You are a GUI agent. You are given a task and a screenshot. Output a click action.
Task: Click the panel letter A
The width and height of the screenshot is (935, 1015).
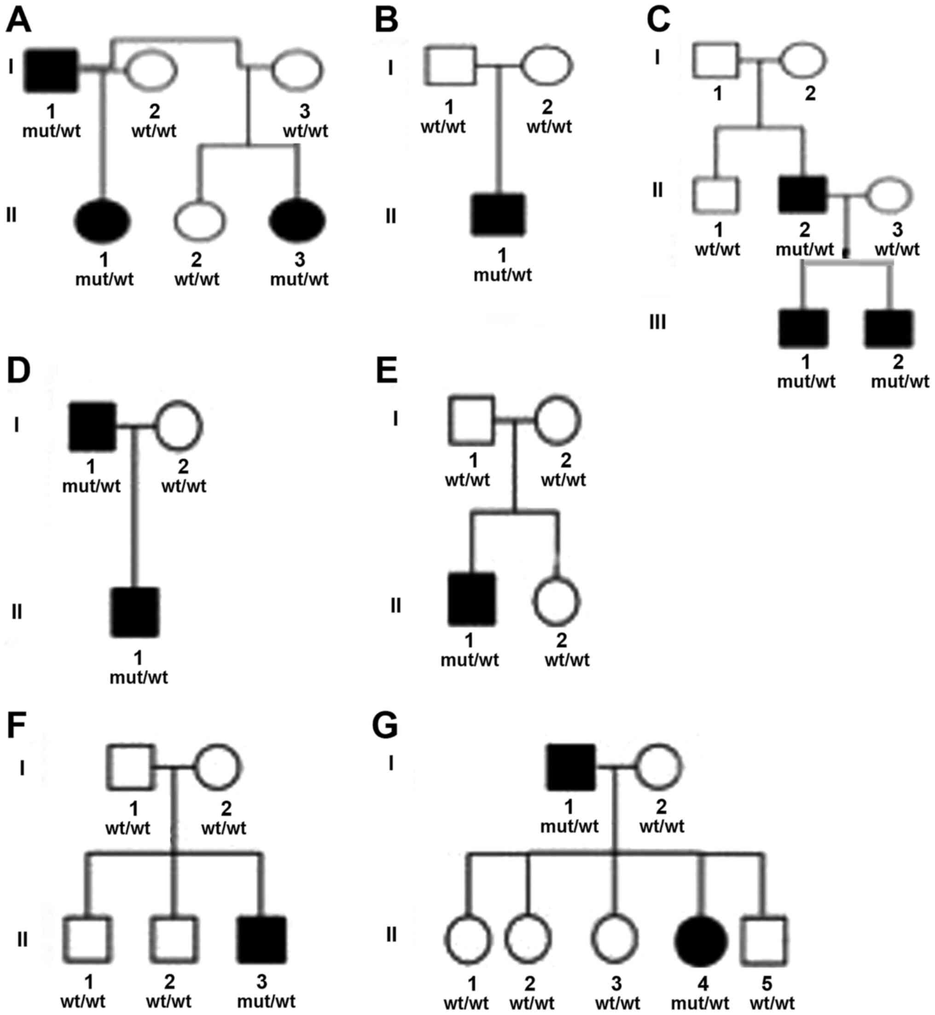[18, 21]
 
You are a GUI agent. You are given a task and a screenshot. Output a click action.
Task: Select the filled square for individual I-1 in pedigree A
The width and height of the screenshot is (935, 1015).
[52, 71]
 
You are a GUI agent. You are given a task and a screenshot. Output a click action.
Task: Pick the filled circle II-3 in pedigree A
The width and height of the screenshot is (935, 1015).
[297, 220]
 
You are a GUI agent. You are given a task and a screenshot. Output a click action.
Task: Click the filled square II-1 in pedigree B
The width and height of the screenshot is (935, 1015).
[499, 214]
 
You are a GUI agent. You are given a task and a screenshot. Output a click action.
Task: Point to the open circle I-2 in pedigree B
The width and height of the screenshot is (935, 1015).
[547, 66]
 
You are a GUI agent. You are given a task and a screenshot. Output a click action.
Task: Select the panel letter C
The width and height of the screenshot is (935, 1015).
[658, 21]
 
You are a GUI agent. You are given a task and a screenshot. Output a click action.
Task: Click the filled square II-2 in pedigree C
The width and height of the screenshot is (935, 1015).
[803, 195]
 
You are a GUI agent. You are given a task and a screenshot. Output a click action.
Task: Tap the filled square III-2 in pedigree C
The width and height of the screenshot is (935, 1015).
[889, 329]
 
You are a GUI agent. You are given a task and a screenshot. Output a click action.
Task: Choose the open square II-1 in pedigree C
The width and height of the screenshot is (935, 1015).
[716, 195]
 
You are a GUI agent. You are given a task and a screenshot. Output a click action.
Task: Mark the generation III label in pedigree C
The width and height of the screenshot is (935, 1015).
[657, 322]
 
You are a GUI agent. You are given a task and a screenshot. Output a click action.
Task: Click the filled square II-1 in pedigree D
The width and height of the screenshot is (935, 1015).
[135, 612]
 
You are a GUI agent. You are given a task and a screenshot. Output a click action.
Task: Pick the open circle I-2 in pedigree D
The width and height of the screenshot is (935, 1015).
[179, 426]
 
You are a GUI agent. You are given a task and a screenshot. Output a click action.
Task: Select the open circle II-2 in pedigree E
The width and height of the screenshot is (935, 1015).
[556, 602]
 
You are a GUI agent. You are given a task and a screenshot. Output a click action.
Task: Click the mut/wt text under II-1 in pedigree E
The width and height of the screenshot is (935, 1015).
[470, 660]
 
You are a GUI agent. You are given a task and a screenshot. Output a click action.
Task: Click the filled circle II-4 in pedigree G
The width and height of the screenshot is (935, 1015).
[701, 940]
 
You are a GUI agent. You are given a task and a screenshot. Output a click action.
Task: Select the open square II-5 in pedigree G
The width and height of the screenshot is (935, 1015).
[764, 940]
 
